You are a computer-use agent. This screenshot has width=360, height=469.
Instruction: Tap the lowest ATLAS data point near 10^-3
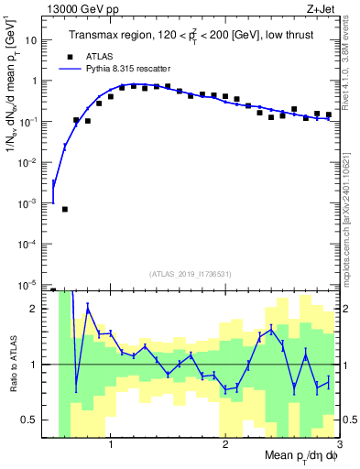click(65, 209)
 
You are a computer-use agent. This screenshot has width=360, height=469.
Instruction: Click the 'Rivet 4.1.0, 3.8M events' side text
click(349, 63)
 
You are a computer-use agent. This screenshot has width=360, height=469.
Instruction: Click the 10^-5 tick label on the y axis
click(27, 284)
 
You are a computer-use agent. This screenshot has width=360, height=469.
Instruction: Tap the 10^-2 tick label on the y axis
click(27, 162)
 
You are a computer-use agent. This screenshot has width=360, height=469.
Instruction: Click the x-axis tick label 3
click(338, 445)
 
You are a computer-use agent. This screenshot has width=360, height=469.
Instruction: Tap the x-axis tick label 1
click(111, 445)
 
